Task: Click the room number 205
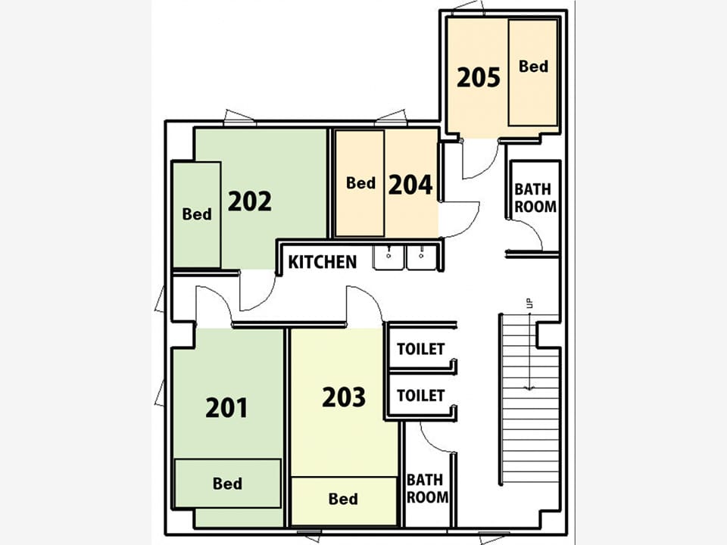[x=479, y=77]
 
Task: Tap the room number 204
[x=410, y=185]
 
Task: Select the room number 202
[x=249, y=201]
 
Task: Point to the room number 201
[x=226, y=408]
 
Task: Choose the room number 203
[x=344, y=397]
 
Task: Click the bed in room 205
[x=532, y=73]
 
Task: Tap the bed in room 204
[x=360, y=183]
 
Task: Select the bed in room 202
[x=196, y=214]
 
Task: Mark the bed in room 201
[x=228, y=484]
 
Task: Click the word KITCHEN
[x=323, y=262]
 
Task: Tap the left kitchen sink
[x=388, y=257]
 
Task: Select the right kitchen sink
[x=421, y=257]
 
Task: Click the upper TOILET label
[x=420, y=348]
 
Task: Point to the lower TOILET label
[x=420, y=395]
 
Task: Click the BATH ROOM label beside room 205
[x=535, y=198]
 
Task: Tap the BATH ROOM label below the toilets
[x=427, y=488]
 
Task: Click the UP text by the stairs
[x=530, y=303]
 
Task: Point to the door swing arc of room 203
[x=371, y=297]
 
